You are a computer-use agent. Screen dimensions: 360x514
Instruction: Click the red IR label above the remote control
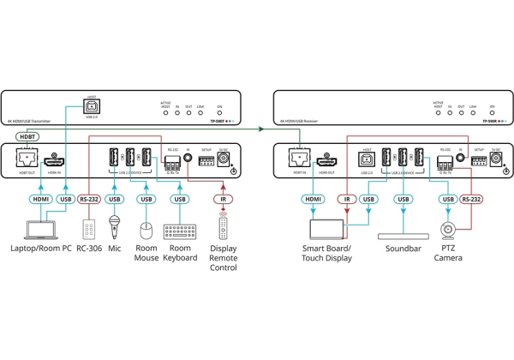click(x=222, y=200)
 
